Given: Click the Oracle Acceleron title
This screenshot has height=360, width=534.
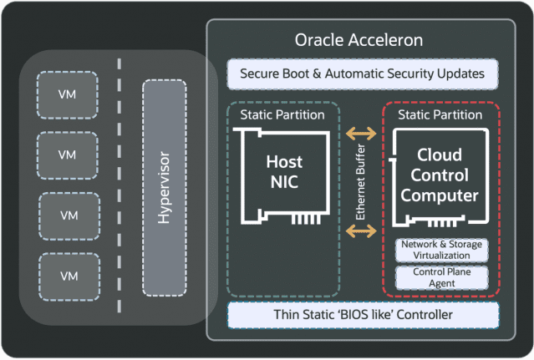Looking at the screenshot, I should pos(359,40).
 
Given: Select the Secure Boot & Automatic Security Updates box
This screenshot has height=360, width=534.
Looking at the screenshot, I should pos(362,74).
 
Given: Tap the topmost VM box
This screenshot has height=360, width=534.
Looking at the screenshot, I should pos(67,94).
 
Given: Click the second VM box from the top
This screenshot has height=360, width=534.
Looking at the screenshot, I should pos(67,155).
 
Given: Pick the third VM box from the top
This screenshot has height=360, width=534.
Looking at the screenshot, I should pos(67,215).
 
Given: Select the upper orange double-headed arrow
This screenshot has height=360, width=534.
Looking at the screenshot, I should pos(361,132).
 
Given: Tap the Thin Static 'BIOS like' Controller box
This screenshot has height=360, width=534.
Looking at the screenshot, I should pos(362,315).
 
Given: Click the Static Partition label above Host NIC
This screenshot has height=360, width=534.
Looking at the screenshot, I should pos(282,114).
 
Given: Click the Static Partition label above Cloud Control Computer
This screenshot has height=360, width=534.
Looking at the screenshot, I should pos(440,114).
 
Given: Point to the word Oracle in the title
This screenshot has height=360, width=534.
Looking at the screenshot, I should pos(318,40).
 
